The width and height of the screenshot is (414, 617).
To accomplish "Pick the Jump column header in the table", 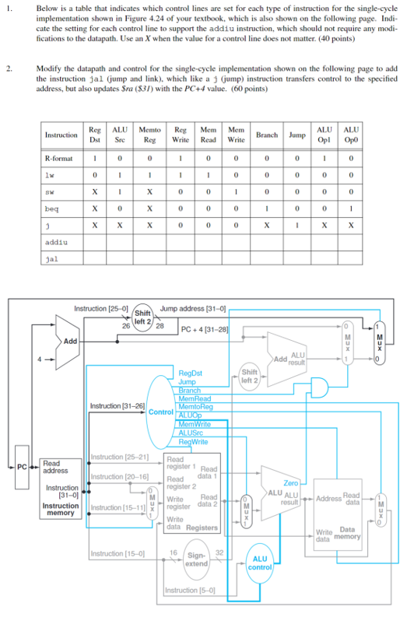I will pos(296,135).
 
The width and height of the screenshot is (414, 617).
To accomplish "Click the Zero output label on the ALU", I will pos(292,484).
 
